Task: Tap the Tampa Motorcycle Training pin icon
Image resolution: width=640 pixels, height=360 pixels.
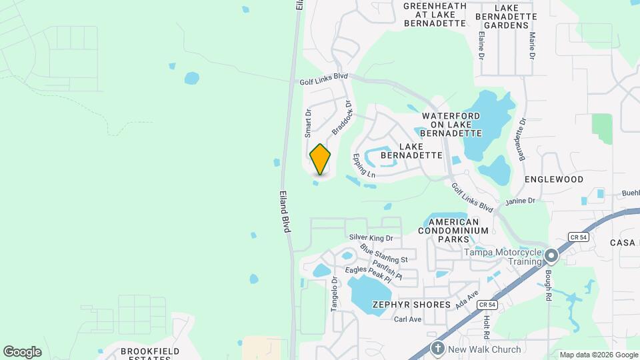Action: coord(551,256)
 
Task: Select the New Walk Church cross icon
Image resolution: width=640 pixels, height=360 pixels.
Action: coord(437,348)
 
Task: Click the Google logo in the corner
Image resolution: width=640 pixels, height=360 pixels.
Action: coord(22,352)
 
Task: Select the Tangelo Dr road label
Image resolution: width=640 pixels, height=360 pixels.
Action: coord(335,294)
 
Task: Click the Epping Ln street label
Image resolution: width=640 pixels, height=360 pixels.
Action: coord(365,165)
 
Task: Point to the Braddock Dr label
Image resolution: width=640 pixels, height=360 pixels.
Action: coord(341,118)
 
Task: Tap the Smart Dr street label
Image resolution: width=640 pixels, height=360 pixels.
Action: coord(308,123)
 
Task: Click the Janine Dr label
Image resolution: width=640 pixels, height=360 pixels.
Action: coord(521,201)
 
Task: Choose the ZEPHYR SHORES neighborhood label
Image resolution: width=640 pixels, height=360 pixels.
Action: coord(411,305)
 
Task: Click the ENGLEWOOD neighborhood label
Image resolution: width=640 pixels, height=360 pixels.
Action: coord(553,179)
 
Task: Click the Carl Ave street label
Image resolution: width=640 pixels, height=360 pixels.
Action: coord(407,319)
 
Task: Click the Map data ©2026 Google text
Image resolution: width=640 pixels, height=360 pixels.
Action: coord(598,355)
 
